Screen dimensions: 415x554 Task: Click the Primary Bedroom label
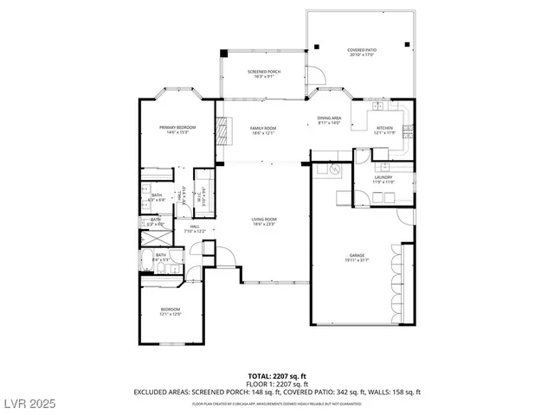tap(177, 128)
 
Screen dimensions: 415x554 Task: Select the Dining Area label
tap(330, 118)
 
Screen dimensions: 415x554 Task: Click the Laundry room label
tap(383, 177)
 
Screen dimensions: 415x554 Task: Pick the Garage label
tap(357, 255)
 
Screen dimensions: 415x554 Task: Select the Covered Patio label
tap(361, 51)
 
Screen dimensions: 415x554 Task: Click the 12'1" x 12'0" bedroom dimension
tap(170, 315)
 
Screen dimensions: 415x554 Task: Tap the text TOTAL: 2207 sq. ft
tap(277, 376)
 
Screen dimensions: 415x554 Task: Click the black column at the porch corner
tap(222, 52)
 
